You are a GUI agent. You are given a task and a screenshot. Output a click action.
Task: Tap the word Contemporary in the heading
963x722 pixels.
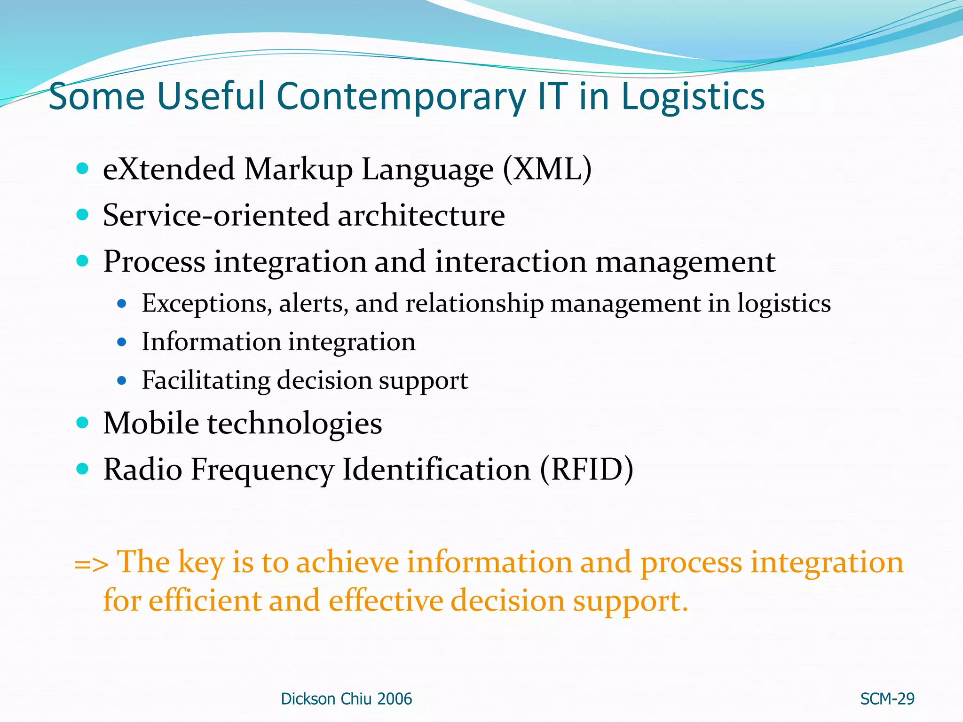[x=401, y=97]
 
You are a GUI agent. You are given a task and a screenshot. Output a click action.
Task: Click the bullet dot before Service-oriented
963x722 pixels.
[x=82, y=215]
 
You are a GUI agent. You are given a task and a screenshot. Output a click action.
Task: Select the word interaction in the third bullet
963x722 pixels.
[x=511, y=262]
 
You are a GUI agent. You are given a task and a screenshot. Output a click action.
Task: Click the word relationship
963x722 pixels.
[x=474, y=304]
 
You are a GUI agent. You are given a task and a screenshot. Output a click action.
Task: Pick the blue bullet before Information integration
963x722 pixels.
[x=122, y=342]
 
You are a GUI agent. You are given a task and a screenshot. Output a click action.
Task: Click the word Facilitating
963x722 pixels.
[x=206, y=380]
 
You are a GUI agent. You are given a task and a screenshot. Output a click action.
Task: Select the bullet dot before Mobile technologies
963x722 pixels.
[x=82, y=422]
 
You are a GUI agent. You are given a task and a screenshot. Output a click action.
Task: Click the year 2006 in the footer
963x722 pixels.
[x=395, y=699]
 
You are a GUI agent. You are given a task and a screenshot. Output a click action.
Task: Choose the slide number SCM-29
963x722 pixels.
[x=887, y=699]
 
